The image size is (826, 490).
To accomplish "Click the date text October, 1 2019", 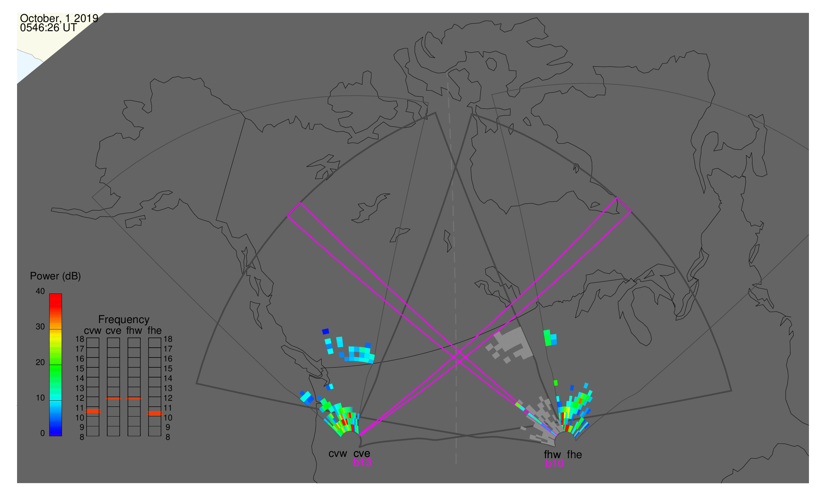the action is point(59,18).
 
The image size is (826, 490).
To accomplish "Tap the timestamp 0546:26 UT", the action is point(49,28).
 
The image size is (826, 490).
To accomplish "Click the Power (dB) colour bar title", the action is point(55,276).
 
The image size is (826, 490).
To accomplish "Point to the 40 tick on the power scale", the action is point(40,291).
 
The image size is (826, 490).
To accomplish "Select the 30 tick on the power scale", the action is point(40,327).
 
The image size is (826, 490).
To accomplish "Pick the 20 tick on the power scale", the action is point(40,362).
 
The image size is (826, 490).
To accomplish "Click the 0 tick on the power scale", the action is point(43,434).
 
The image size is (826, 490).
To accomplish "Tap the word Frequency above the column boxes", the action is point(124,320).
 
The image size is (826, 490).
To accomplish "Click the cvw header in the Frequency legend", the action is point(93,331).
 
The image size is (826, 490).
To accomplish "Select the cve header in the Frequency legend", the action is point(113,331).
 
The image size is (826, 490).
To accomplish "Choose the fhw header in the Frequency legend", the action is point(134,331).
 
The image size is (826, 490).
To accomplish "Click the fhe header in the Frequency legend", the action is point(154,331).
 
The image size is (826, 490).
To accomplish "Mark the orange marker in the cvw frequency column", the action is point(93,411).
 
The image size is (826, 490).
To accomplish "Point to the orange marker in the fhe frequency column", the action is point(155,413).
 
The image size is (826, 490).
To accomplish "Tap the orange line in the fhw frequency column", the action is point(134,399).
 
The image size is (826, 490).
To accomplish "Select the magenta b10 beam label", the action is point(554,464).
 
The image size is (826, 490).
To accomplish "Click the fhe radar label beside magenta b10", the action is point(574,455).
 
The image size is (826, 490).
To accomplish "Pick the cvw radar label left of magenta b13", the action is point(338,454).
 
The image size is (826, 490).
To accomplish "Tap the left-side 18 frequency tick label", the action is point(80,339).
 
